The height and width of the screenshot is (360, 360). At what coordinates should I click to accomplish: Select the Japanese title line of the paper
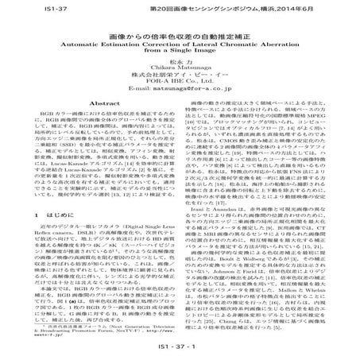click(180, 37)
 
